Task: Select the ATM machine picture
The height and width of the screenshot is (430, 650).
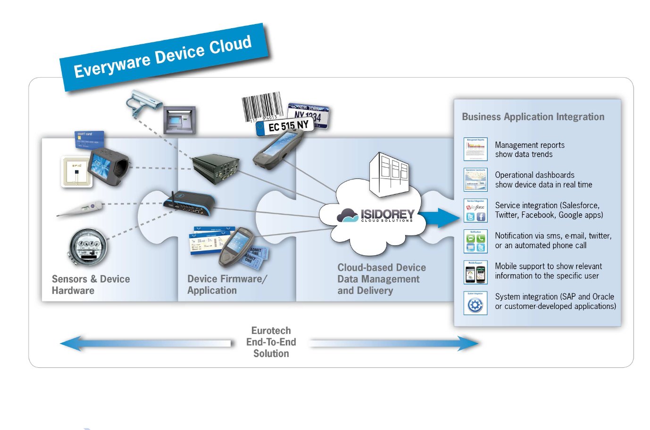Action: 179,121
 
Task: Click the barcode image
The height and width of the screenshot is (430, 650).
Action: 262,107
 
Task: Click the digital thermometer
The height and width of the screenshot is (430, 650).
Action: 80,209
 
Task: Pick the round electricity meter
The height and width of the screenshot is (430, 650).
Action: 88,246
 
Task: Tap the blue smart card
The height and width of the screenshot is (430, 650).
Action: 89,139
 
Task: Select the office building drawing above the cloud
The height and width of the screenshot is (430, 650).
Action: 390,173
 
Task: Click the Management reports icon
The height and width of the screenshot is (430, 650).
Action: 475,149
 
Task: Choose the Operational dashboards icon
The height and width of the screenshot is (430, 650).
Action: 475,179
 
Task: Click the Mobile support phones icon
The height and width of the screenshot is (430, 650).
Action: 475,273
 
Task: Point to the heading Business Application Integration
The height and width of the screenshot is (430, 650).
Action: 533,117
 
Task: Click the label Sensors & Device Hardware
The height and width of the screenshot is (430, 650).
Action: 91,284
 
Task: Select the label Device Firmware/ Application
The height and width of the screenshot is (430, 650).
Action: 227,284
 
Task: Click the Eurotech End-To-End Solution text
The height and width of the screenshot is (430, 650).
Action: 271,342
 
